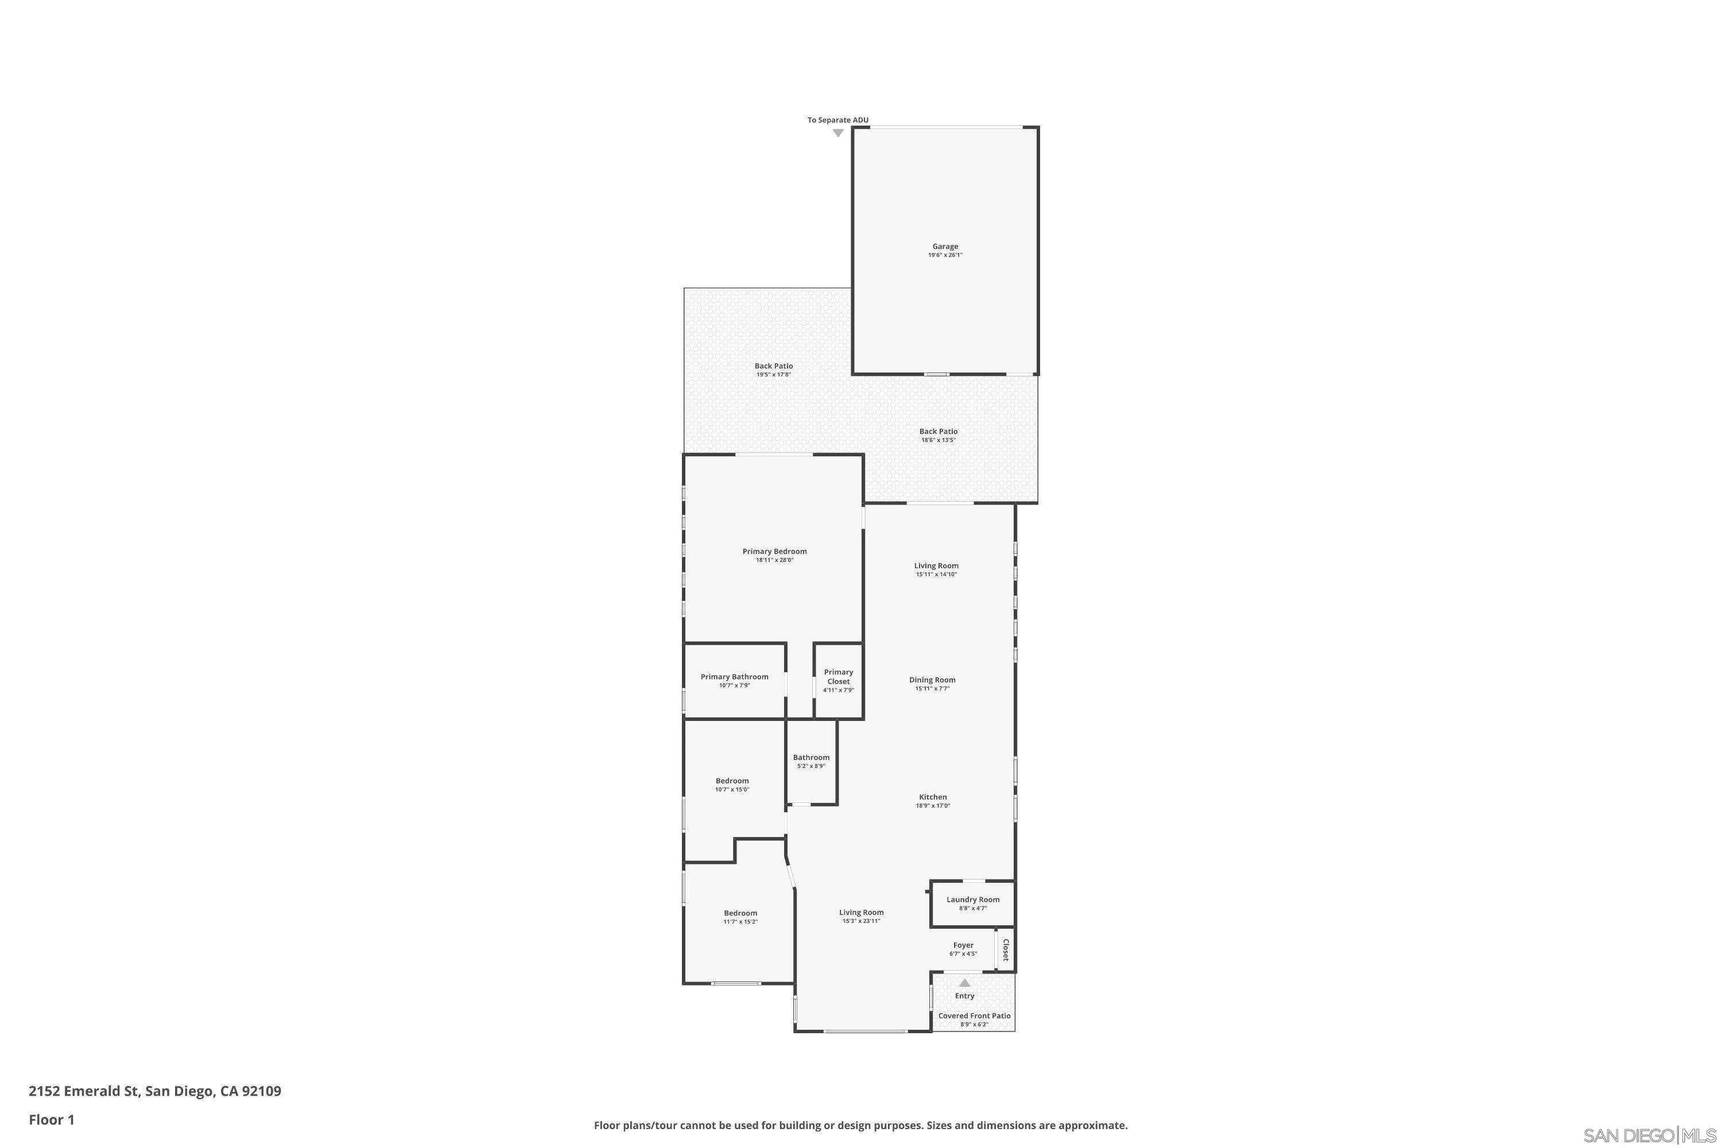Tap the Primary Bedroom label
coord(774,551)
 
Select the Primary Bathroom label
coord(734,677)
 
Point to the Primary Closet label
coord(838,677)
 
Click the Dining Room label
coord(932,680)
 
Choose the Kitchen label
coord(933,797)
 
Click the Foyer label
coord(963,945)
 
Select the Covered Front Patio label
coord(974,1015)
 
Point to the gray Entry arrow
coord(964,983)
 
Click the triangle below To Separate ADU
coord(837,133)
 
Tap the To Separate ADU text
coord(837,120)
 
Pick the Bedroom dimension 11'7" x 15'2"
coord(740,922)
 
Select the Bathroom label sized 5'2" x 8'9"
coord(810,758)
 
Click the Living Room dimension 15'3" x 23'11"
coord(861,921)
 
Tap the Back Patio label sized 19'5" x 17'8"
coord(773,366)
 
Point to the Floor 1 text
coord(51,1119)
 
